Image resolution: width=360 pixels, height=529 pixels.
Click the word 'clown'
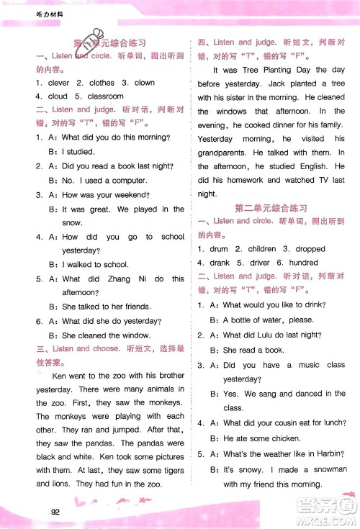coord(144,83)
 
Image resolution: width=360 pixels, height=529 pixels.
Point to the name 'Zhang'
coord(117,279)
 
